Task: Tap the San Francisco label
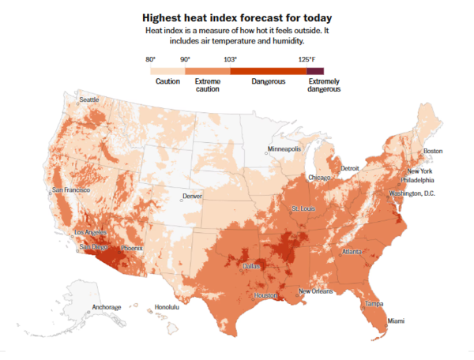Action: click(71, 190)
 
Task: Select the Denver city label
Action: click(193, 196)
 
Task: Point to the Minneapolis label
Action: click(284, 148)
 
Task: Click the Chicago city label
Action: click(319, 178)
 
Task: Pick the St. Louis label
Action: click(305, 208)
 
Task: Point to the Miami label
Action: click(395, 321)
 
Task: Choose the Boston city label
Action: click(433, 151)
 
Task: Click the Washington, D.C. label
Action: click(412, 193)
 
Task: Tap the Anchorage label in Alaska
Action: click(107, 306)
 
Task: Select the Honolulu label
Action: click(167, 306)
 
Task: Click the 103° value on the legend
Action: click(230, 60)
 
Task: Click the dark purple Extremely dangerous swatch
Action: click(316, 71)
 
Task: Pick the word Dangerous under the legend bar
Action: click(268, 81)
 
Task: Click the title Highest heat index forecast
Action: click(236, 17)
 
